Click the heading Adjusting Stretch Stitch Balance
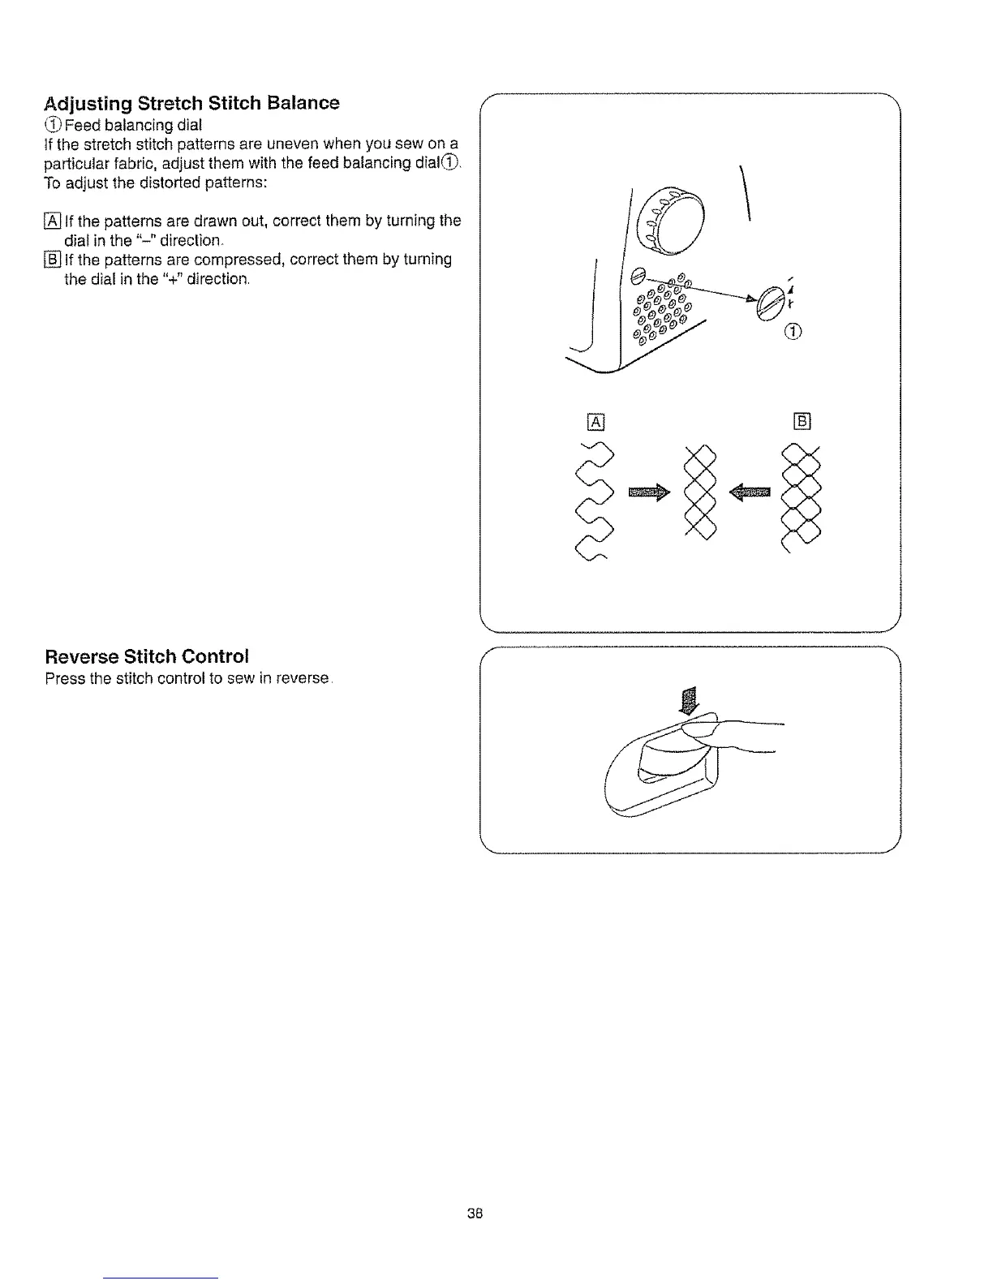click(x=191, y=103)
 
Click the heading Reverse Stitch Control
click(x=147, y=655)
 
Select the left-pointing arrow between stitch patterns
click(x=750, y=491)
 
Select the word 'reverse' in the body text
click(x=302, y=678)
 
